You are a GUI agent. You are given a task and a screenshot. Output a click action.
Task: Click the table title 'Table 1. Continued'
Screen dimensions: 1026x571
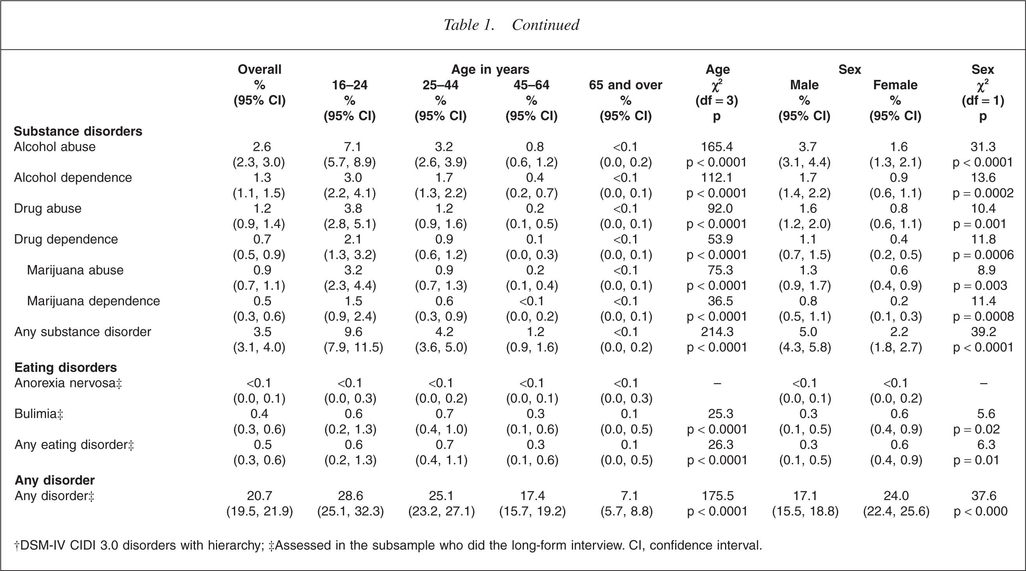pos(511,25)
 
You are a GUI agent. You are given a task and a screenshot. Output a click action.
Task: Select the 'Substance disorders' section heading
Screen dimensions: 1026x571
pos(78,131)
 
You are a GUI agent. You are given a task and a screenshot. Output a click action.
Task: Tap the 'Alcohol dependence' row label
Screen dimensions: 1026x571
pos(73,178)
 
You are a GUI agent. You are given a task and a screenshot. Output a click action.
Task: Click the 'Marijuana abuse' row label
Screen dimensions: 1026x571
pos(75,270)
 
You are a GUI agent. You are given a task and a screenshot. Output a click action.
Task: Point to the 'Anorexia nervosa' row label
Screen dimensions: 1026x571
pos(68,383)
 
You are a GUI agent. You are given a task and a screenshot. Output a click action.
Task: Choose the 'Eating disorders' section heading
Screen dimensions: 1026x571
pos(66,367)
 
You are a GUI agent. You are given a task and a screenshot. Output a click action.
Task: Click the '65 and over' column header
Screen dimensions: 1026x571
pos(625,85)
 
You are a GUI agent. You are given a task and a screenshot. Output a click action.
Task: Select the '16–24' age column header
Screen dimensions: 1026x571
pos(350,85)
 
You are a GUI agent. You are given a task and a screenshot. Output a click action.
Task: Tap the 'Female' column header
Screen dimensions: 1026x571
pos(895,85)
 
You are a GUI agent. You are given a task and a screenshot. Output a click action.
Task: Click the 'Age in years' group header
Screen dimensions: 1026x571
pos(490,70)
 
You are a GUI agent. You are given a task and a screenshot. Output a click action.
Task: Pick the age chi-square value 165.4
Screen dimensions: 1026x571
pos(717,147)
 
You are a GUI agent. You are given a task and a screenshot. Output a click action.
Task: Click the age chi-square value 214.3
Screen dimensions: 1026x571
pos(717,332)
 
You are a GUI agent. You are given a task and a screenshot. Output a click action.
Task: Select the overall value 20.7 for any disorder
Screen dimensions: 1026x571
pos(260,496)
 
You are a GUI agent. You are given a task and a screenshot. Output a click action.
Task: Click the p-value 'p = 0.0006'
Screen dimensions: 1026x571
pos(983,255)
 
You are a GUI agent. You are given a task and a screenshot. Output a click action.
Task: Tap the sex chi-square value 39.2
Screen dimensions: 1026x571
pos(983,332)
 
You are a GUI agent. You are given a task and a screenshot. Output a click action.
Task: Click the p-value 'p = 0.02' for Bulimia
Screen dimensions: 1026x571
pos(976,429)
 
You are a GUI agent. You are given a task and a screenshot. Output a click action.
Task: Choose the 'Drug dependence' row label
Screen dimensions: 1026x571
pos(66,239)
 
